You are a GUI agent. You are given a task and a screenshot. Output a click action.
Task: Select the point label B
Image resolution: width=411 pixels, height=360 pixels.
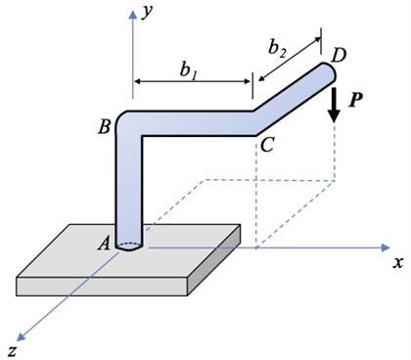click(103, 125)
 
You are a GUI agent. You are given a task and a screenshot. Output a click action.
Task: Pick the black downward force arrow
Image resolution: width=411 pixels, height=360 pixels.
click(335, 103)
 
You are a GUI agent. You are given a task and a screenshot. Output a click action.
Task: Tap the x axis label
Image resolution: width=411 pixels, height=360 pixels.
click(398, 263)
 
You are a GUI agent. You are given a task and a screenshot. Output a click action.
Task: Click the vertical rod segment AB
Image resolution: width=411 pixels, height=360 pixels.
click(131, 186)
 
